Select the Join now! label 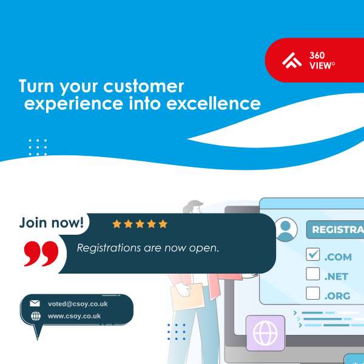click(52, 223)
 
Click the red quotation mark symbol click(41, 253)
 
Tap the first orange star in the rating click(117, 224)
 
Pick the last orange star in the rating click(163, 224)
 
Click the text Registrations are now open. click(147, 248)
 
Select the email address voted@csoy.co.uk click(78, 304)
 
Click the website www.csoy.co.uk click(74, 316)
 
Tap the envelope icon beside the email click(35, 304)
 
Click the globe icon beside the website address click(35, 316)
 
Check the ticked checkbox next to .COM click(312, 254)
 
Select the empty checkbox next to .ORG click(312, 294)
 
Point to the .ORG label click(338, 295)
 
